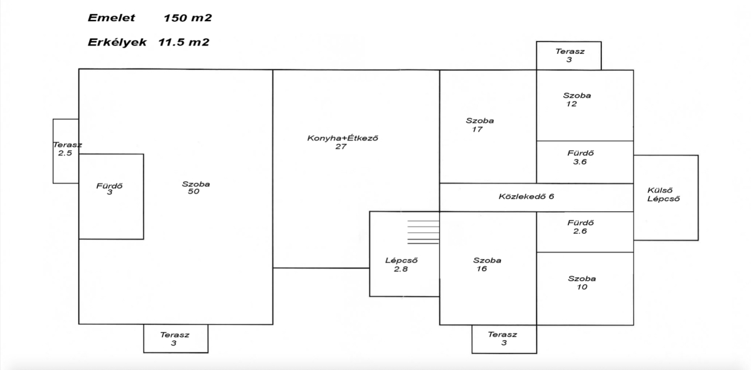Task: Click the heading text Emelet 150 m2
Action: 150,18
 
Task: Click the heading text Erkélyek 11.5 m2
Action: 148,42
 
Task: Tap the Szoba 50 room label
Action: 195,188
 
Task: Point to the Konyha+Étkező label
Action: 341,138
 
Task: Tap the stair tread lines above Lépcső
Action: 422,232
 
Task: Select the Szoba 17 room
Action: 480,125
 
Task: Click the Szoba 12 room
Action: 577,100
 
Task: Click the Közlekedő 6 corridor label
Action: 526,196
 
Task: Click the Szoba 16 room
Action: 487,265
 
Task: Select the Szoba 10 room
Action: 581,283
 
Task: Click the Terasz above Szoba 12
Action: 570,56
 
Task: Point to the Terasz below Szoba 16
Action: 503,338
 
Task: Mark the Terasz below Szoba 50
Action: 175,339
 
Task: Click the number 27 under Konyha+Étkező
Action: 341,147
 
